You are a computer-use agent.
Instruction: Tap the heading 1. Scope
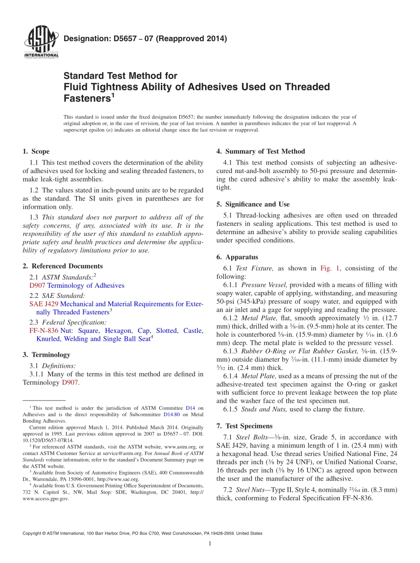tap(36, 151)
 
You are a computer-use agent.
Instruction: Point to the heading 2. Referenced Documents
tap(63, 266)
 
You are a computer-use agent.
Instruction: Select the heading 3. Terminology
tap(46, 355)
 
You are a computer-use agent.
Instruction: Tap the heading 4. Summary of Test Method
tap(260, 151)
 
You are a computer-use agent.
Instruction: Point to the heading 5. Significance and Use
tap(253, 204)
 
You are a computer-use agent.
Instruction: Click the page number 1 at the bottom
tap(210, 544)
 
